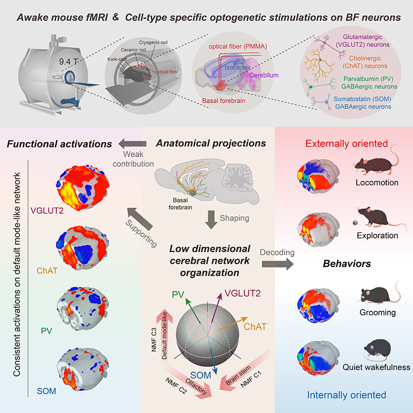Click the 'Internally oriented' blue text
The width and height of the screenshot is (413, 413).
click(346, 395)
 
